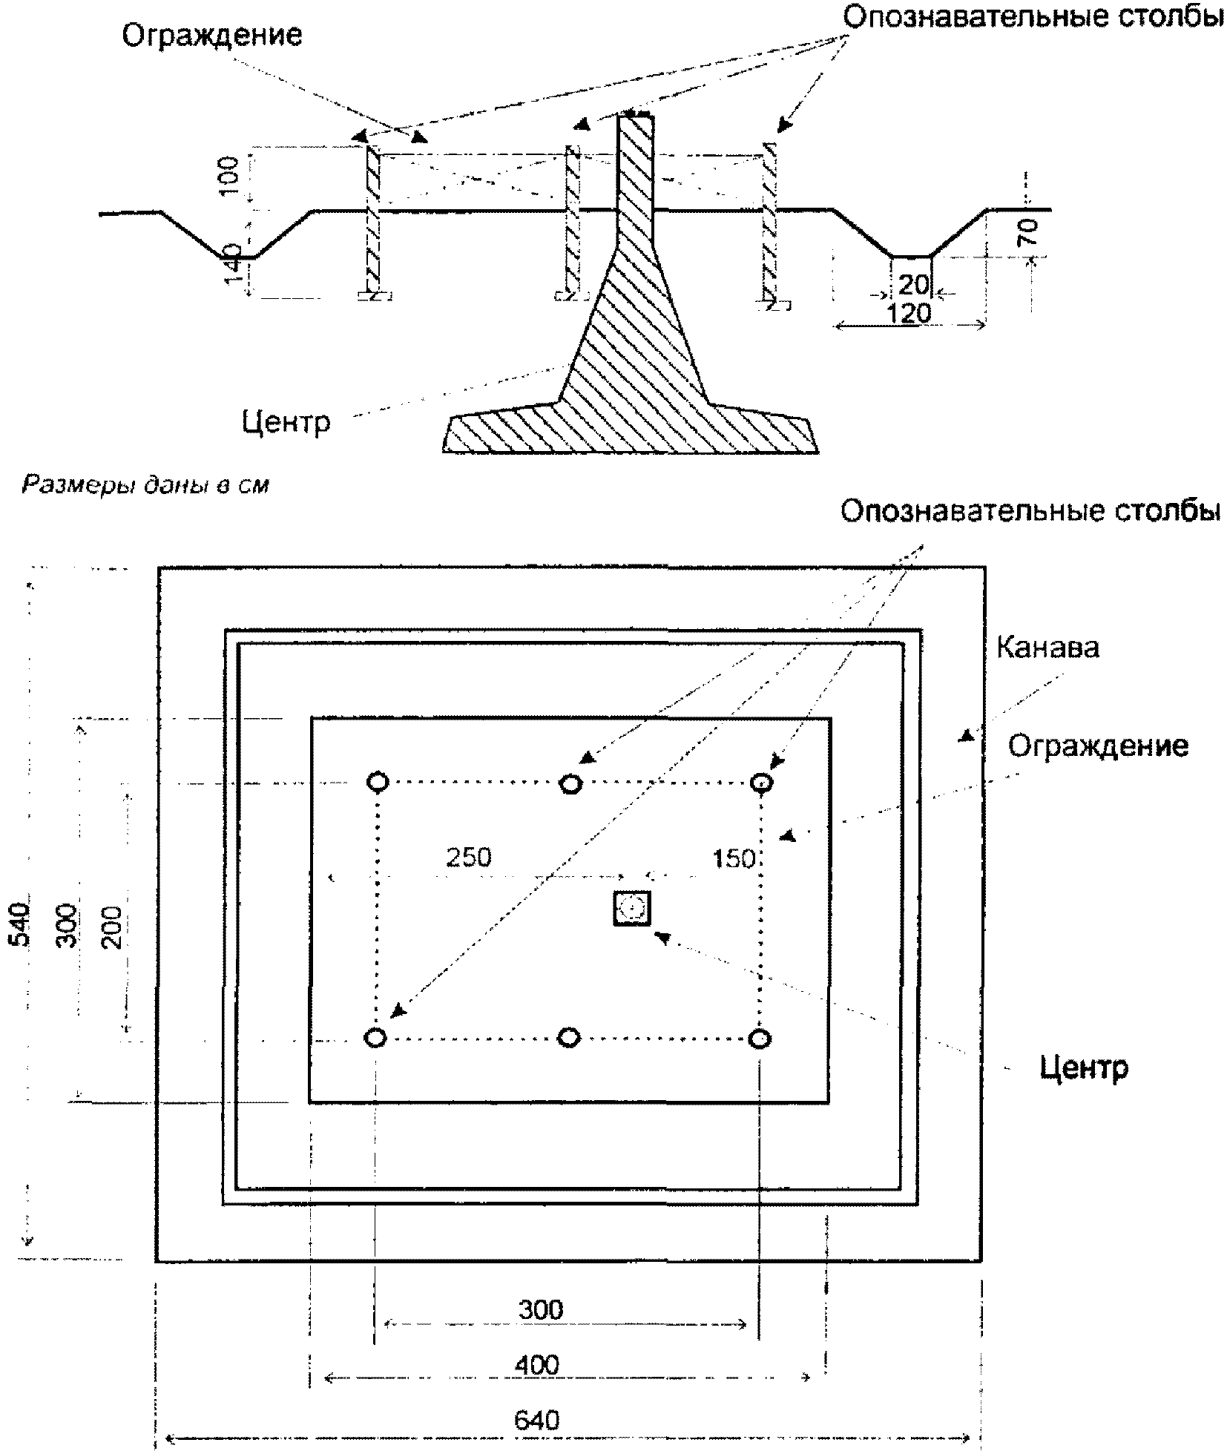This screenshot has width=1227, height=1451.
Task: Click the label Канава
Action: [1046, 648]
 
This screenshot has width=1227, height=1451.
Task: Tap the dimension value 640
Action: [536, 1420]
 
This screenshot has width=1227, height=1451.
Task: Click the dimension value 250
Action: [468, 858]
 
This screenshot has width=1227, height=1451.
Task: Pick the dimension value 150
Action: [733, 859]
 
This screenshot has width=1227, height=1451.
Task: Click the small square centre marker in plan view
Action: [632, 907]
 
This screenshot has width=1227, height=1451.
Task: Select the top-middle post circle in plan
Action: [570, 783]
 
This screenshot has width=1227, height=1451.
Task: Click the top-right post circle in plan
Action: [762, 782]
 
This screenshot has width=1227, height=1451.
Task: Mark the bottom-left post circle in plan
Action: [376, 1037]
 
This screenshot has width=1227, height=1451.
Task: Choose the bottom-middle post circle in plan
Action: [568, 1037]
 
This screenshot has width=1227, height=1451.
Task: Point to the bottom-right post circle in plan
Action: [759, 1038]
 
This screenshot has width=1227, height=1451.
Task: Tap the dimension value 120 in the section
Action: [909, 314]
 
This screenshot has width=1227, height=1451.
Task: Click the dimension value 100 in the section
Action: [230, 175]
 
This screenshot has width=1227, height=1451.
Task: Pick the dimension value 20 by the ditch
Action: [914, 285]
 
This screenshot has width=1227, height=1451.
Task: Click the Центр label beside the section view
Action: [286, 421]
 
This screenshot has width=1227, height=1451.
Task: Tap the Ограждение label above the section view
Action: [211, 35]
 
